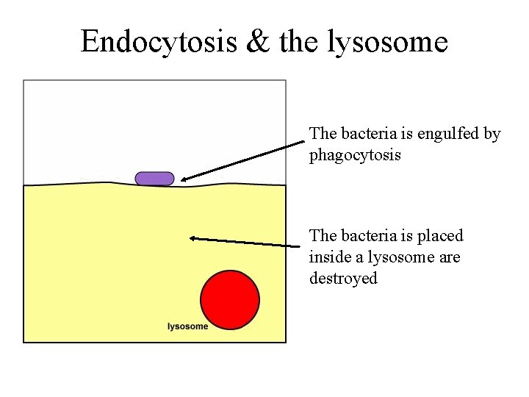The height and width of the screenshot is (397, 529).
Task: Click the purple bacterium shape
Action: click(x=154, y=179)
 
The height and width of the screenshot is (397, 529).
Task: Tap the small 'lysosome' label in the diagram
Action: click(x=187, y=326)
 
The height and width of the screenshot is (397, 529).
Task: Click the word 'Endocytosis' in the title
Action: click(x=159, y=41)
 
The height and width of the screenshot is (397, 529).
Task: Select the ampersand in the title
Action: click(x=258, y=41)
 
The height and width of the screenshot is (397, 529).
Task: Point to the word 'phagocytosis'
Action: click(x=355, y=156)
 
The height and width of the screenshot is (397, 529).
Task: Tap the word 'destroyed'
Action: click(x=343, y=279)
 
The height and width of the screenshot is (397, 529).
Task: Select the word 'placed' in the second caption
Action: click(x=440, y=236)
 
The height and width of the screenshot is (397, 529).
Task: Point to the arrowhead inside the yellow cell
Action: click(x=193, y=237)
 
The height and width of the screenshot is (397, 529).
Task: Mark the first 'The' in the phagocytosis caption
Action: click(x=323, y=134)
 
